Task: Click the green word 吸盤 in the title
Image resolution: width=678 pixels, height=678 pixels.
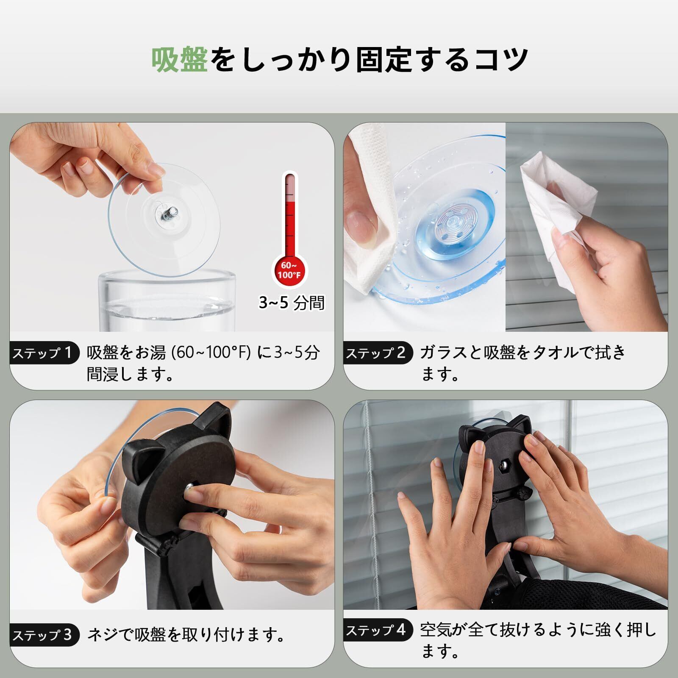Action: click(180, 59)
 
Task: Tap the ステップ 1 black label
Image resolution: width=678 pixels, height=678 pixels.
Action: click(44, 353)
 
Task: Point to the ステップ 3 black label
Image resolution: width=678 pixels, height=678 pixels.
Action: click(44, 635)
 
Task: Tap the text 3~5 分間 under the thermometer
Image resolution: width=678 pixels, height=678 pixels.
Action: click(292, 303)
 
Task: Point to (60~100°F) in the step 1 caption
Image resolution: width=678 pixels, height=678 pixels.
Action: click(211, 353)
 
